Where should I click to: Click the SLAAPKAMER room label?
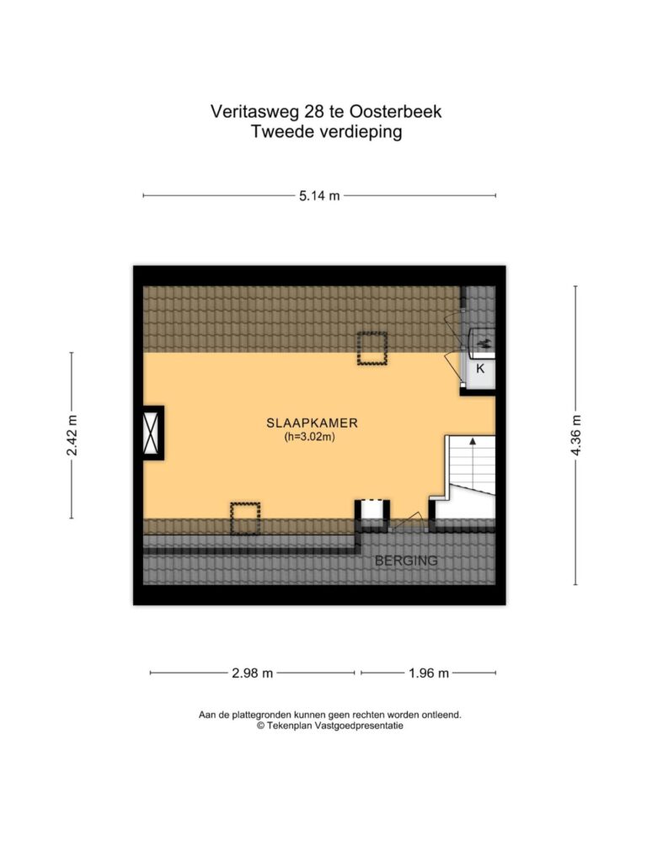pyautogui.click(x=312, y=423)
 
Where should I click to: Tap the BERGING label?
pyautogui.click(x=406, y=561)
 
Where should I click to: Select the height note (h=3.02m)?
pyautogui.click(x=310, y=438)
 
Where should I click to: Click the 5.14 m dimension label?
pyautogui.click(x=319, y=195)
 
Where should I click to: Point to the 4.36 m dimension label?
pyautogui.click(x=576, y=435)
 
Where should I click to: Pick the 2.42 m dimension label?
pyautogui.click(x=72, y=435)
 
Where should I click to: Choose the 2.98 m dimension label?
pyautogui.click(x=253, y=673)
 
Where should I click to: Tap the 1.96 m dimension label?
pyautogui.click(x=429, y=673)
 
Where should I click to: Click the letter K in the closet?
pyautogui.click(x=480, y=369)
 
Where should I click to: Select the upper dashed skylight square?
pyautogui.click(x=372, y=348)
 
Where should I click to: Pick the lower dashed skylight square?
pyautogui.click(x=245, y=519)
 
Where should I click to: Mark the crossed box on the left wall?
pyautogui.click(x=152, y=434)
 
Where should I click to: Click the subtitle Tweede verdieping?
pyautogui.click(x=327, y=132)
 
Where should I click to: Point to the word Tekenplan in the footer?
pyautogui.click(x=288, y=726)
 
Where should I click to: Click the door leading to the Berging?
pyautogui.click(x=407, y=522)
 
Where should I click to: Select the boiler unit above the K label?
pyautogui.click(x=482, y=344)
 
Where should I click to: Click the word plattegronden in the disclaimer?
pyautogui.click(x=262, y=716)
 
